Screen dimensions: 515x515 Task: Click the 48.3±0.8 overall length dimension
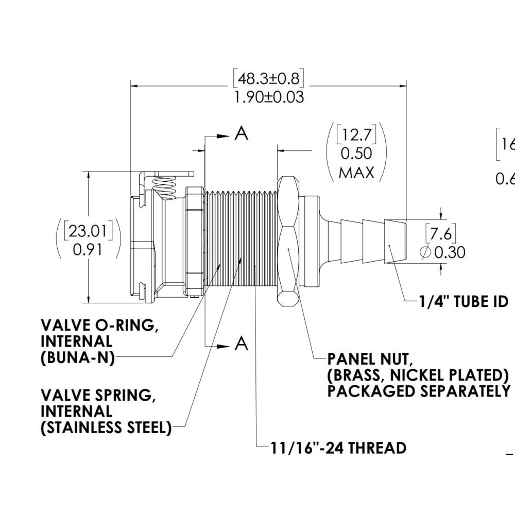[x=268, y=79]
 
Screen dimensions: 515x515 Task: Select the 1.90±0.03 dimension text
[x=268, y=97]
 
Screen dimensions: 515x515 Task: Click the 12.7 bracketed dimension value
[x=356, y=136]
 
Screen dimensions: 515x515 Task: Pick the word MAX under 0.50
[x=356, y=172]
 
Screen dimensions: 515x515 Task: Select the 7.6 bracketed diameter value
[x=440, y=234]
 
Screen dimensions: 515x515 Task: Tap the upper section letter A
[x=241, y=133]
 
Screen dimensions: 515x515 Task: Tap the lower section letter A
[x=241, y=344]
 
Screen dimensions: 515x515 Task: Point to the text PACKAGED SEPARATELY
[x=418, y=391]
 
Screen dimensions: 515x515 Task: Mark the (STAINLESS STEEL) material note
[x=106, y=428]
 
